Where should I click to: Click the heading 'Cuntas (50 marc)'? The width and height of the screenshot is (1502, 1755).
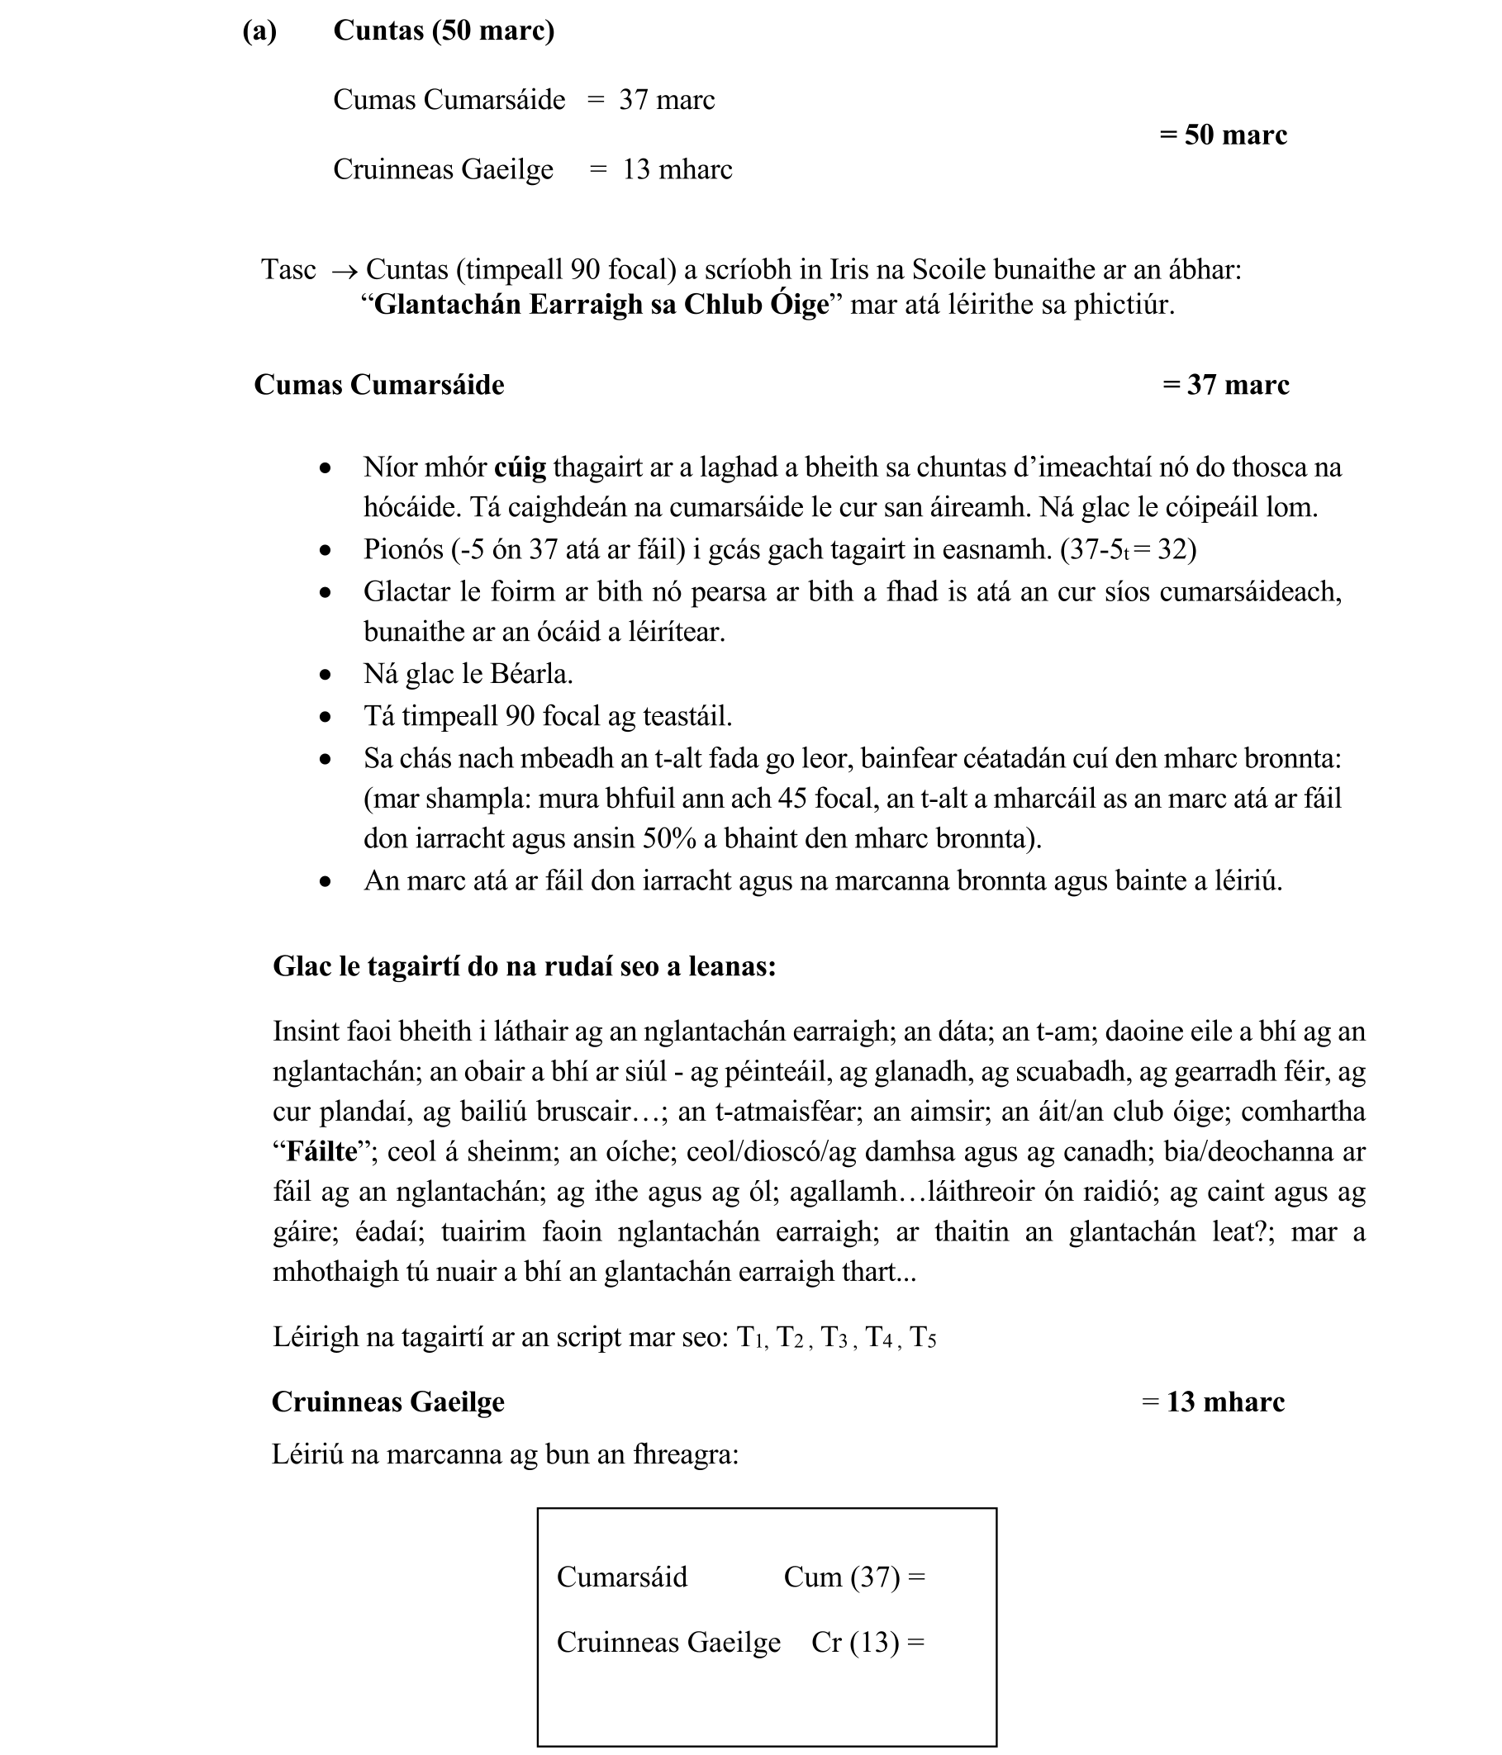point(443,31)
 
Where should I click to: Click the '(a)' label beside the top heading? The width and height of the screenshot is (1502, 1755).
point(259,31)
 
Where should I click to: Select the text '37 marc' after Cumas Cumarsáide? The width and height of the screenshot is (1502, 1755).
point(667,100)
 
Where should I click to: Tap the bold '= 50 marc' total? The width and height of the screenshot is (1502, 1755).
point(1223,135)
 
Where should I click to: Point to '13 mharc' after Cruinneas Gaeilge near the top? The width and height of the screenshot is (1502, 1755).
point(677,169)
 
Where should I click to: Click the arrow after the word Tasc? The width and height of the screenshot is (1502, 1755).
point(343,271)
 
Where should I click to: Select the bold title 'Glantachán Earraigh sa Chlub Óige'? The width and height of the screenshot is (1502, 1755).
point(601,305)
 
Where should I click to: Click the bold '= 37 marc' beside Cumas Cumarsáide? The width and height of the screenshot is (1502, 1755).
point(1225,386)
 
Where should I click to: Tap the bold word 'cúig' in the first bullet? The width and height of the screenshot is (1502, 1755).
point(520,467)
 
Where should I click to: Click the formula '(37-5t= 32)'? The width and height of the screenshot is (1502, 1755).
point(1128,550)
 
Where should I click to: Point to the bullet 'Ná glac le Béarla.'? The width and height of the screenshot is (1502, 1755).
point(468,674)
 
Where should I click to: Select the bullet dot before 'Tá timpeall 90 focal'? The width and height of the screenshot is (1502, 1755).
point(326,718)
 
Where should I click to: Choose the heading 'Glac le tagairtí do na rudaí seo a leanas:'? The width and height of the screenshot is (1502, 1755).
point(524,966)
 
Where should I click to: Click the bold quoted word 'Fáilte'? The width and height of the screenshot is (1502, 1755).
point(322,1152)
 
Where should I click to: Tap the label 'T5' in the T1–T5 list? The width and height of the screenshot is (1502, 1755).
point(923,1337)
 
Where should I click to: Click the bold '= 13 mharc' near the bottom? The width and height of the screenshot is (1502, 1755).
point(1212,1402)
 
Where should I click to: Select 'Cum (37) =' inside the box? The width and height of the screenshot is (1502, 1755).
point(854,1577)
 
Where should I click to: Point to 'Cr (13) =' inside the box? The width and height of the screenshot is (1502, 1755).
point(867,1643)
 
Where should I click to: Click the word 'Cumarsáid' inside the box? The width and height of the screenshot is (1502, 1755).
point(622,1577)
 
